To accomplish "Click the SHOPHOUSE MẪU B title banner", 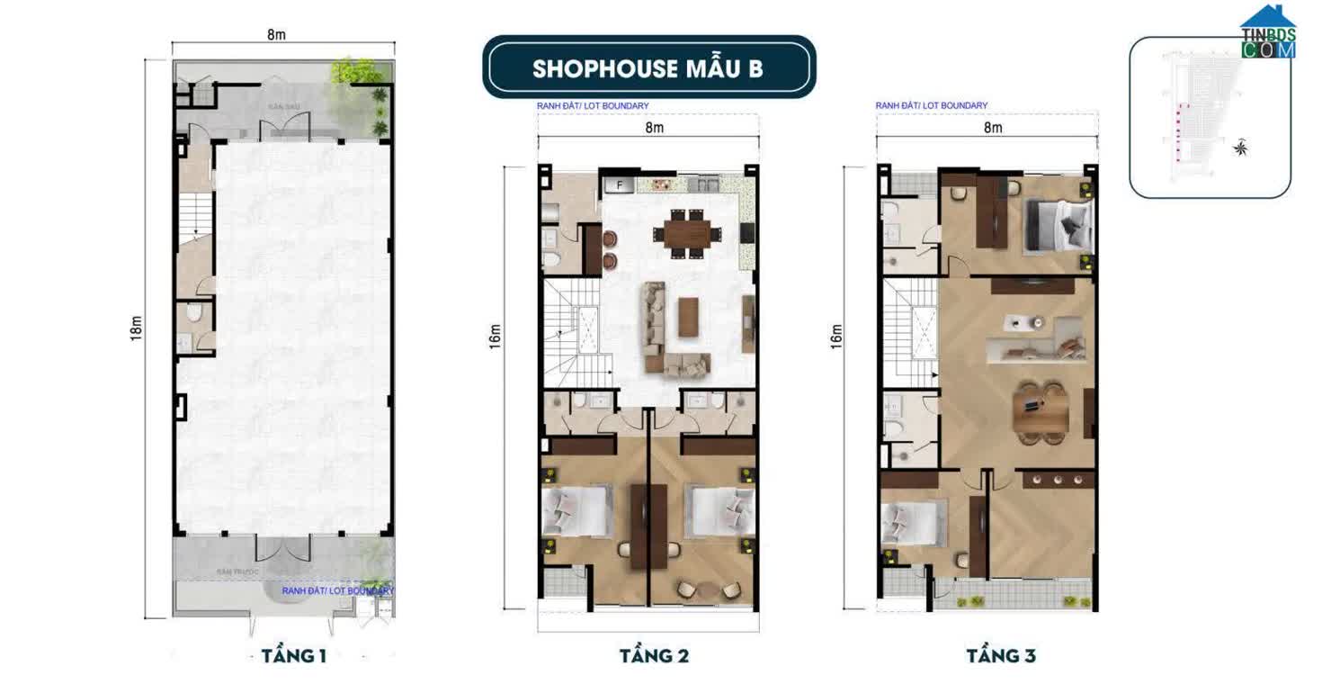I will (648, 67).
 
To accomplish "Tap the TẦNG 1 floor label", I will (294, 655).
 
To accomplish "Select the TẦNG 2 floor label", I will (654, 655).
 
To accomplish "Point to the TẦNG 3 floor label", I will (1001, 655).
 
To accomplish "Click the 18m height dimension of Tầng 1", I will (136, 339).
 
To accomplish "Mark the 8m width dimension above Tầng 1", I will (276, 34).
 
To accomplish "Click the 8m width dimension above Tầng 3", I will (993, 128).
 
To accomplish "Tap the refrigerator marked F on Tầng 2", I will (619, 185).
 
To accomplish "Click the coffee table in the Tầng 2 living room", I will (689, 317).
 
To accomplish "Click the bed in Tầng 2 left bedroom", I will (576, 510).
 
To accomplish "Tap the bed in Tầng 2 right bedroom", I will (719, 510).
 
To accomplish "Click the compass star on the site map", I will (1242, 148).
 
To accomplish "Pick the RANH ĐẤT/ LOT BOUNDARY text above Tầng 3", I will (931, 106).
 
